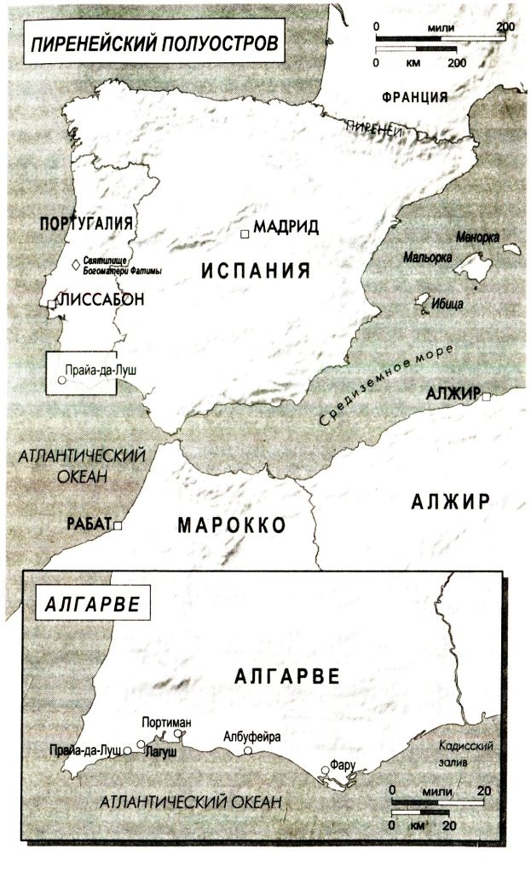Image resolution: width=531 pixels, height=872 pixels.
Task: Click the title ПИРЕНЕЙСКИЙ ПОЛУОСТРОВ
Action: [x=153, y=45]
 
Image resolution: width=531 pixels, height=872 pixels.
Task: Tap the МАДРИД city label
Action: [x=286, y=227]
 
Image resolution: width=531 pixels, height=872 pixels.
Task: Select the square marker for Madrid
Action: [x=245, y=232]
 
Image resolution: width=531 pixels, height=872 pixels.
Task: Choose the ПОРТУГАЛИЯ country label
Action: [x=87, y=223]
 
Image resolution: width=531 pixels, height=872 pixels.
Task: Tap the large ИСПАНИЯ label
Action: [x=255, y=271]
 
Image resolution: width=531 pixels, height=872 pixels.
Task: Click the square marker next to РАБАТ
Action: [x=118, y=526]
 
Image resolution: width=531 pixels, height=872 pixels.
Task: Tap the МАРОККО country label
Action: [x=231, y=524]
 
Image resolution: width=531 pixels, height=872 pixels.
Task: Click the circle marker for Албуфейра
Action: [x=248, y=751]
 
